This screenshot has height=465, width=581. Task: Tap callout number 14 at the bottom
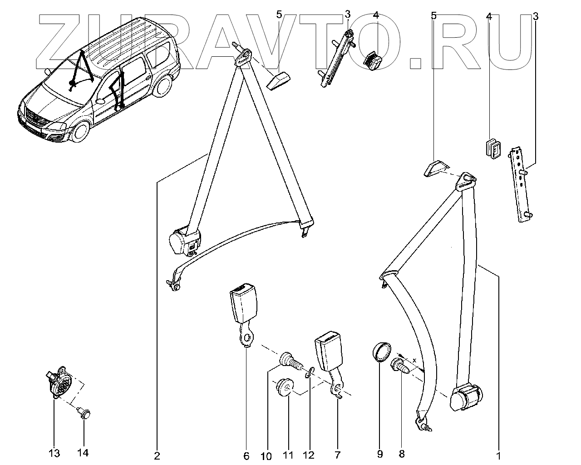pyautogui.click(x=84, y=453)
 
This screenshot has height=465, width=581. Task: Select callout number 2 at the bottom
pyautogui.click(x=157, y=456)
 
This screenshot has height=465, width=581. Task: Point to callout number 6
pyautogui.click(x=246, y=456)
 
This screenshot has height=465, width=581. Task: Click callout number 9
pyautogui.click(x=379, y=454)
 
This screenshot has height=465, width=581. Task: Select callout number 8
pyautogui.click(x=401, y=454)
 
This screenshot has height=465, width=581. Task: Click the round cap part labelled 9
pyautogui.click(x=381, y=353)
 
